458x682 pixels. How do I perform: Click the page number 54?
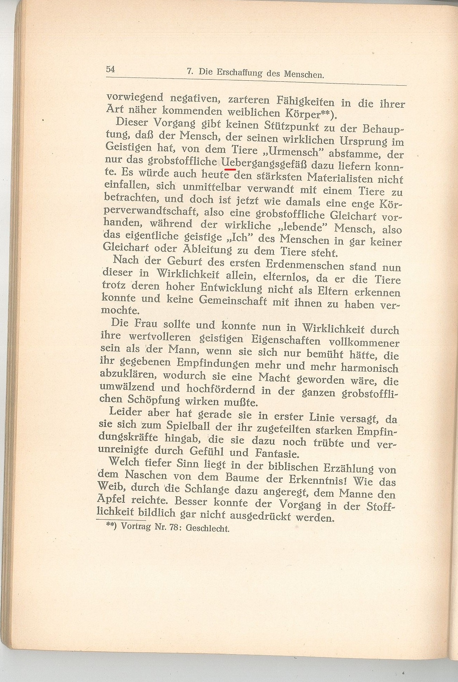pos(110,69)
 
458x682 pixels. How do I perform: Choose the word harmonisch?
pos(370,367)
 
